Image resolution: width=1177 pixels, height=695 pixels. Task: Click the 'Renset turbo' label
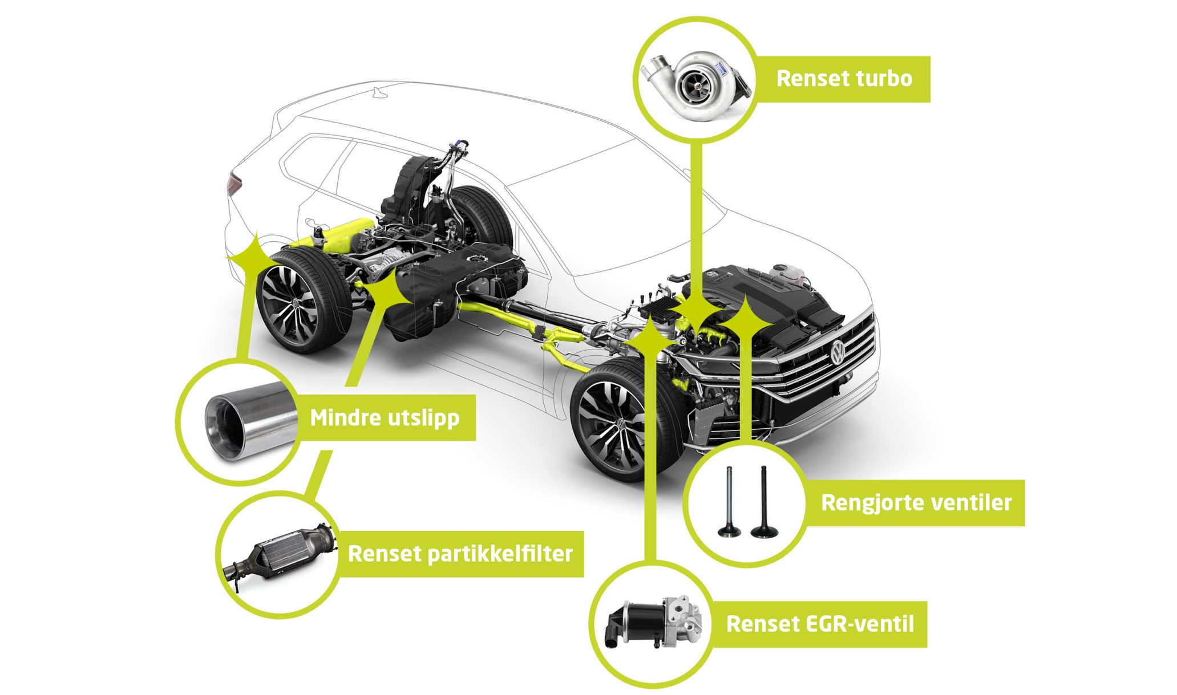(844, 79)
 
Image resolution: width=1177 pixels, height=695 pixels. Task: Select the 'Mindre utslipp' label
(385, 418)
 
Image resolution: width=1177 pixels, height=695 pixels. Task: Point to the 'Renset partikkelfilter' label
(460, 554)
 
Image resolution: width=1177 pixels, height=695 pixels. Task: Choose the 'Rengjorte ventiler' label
(916, 503)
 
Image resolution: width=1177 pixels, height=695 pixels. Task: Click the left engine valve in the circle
(729, 502)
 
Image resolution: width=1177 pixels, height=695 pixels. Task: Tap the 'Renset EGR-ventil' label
(820, 624)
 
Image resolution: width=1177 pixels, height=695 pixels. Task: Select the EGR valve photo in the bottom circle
(653, 623)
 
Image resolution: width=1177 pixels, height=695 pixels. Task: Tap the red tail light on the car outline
(233, 184)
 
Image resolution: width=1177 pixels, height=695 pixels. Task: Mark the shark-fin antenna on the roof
(379, 92)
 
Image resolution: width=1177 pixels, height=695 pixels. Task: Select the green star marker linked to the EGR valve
(650, 337)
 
